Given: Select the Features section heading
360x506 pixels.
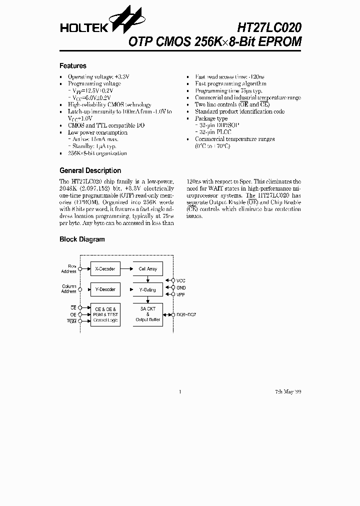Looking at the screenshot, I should point(73,66).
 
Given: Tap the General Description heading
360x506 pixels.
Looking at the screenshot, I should point(90,170).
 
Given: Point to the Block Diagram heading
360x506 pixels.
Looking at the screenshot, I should point(82,239).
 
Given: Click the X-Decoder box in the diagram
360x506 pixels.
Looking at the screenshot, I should point(105,269).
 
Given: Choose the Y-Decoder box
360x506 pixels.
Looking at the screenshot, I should point(105,289).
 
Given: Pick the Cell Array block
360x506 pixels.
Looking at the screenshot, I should point(147,269).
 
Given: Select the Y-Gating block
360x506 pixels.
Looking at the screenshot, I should point(147,289).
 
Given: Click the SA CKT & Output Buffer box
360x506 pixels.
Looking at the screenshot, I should point(147,314).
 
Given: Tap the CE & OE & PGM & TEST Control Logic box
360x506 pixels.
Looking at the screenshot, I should point(105,314).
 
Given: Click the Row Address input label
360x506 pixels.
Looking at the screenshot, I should point(69,269).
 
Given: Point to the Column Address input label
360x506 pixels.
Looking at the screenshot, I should point(69,289).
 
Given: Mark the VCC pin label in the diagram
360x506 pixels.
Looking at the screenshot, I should point(181,281).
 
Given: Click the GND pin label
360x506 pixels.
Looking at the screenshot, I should point(181,288).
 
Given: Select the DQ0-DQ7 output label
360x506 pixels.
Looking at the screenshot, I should point(186,314).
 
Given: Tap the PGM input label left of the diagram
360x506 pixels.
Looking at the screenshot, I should point(71,320).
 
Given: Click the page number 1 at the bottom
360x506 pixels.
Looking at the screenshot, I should point(179,391).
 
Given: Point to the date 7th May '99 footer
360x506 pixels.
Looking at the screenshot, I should point(288,391).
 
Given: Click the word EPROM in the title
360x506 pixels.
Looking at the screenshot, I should point(283,42).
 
